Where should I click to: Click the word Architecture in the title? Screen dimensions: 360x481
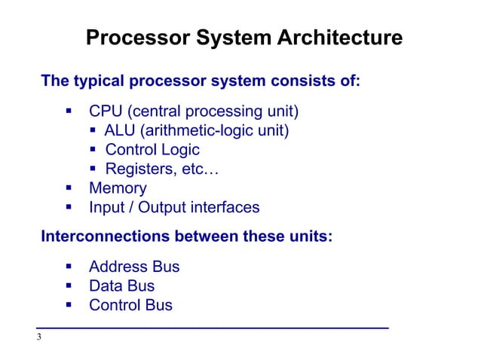(340, 38)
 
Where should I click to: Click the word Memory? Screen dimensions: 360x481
(118, 188)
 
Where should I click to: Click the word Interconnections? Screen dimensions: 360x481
(105, 236)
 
